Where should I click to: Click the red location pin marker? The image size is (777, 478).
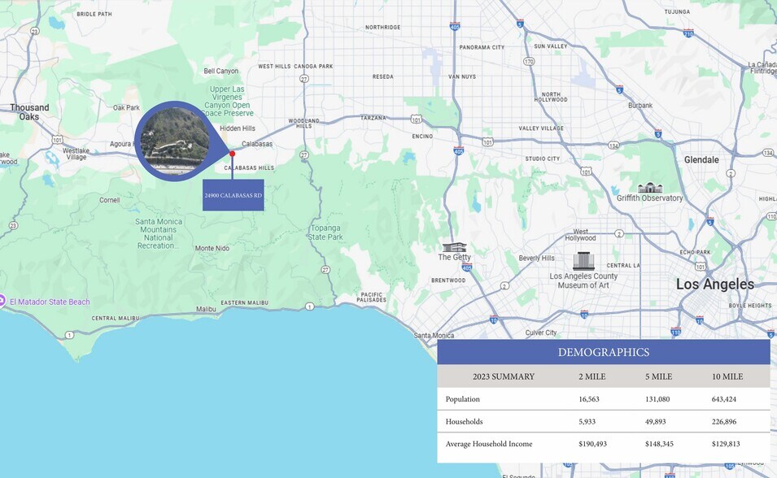[232, 153]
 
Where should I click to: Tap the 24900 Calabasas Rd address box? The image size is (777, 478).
[233, 195]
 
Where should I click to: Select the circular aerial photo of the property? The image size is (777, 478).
[175, 141]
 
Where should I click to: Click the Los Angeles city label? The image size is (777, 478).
[715, 285]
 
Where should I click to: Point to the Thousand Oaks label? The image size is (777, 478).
[29, 112]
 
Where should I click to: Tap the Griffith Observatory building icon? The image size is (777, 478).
[649, 187]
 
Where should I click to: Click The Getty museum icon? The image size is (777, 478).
[454, 247]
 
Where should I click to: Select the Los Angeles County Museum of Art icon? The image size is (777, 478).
[583, 261]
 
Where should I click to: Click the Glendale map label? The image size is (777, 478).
[701, 160]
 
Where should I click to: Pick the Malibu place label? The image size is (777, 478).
[206, 309]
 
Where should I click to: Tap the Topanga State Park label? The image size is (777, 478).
[325, 232]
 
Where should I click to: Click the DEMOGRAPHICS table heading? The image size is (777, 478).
[604, 352]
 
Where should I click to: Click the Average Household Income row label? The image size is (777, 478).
[489, 444]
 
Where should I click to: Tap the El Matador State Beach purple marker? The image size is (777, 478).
[4, 302]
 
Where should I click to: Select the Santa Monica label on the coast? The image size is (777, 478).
[434, 336]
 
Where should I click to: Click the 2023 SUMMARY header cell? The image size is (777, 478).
[504, 376]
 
